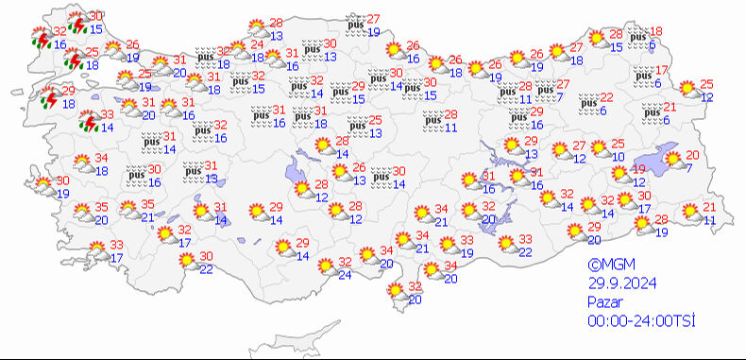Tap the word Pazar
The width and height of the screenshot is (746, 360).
[602, 302]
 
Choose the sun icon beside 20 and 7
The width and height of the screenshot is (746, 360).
[672, 161]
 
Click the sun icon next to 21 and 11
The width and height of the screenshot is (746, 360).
[690, 214]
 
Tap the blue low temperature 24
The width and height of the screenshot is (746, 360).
[346, 275]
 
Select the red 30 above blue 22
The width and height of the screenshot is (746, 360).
[205, 257]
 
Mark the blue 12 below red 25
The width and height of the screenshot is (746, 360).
[706, 97]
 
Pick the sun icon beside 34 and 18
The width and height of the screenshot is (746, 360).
[82, 163]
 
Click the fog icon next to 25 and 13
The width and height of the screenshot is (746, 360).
[357, 127]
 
